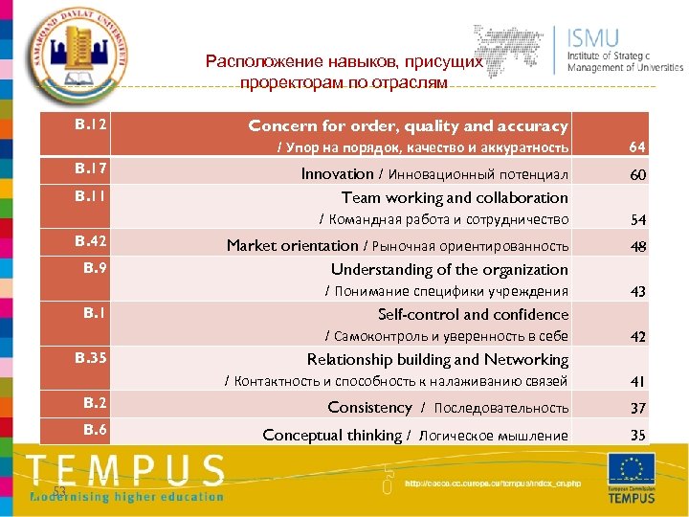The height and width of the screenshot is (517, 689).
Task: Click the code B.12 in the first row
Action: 91,124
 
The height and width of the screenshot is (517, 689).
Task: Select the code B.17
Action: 91,169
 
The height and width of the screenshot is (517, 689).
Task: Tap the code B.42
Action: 91,241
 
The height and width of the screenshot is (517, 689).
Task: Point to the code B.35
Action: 91,358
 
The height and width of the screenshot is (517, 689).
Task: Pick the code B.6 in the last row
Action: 95,430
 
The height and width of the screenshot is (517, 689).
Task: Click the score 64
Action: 637,147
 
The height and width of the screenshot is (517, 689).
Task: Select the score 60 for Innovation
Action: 637,175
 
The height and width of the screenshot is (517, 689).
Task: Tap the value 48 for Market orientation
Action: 637,246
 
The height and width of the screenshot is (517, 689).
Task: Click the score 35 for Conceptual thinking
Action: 637,436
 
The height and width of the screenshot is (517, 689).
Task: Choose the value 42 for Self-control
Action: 637,337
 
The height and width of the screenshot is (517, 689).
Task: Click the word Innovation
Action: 337,174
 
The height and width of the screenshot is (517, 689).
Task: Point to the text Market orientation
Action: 292,245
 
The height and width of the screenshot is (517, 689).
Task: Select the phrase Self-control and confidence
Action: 473,314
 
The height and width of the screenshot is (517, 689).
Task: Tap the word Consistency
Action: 369,408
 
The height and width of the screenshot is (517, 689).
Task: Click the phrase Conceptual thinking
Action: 332,435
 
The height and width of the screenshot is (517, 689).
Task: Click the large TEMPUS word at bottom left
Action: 125,471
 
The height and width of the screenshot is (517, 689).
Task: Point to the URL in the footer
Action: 492,483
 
